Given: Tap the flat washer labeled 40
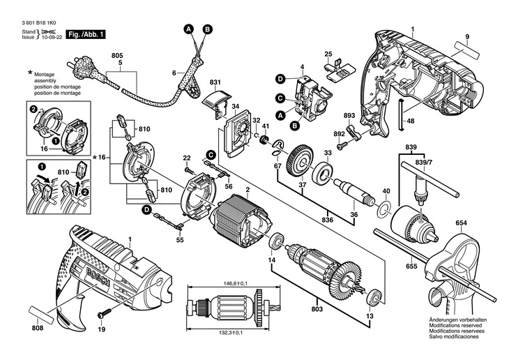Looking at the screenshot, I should (x=382, y=209).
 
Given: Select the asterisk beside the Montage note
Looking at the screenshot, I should (x=30, y=73).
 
